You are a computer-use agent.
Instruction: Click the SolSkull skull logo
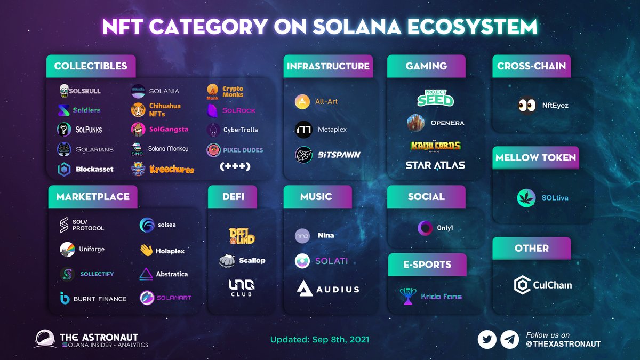tap(64, 91)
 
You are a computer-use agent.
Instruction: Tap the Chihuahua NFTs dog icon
tap(138, 110)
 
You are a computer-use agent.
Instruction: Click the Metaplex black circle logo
tap(303, 130)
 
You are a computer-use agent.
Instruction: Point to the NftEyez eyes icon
tap(527, 105)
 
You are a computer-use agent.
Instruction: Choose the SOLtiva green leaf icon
tap(526, 198)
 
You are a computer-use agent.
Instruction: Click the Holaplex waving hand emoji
tap(146, 250)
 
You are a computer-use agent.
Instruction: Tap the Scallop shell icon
tap(227, 261)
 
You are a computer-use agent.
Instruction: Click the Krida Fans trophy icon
tap(408, 296)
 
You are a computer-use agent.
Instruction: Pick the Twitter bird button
tap(486, 340)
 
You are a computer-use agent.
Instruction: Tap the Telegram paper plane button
tap(509, 340)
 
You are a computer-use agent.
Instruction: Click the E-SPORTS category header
tap(427, 265)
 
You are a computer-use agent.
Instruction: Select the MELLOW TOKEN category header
tap(535, 158)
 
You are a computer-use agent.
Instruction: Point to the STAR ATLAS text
tap(435, 165)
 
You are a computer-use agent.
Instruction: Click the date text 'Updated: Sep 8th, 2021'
tap(319, 340)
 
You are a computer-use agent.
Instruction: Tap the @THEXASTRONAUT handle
tap(563, 344)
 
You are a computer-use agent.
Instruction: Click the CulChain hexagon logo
tap(522, 285)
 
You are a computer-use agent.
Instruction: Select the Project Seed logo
tap(435, 98)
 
